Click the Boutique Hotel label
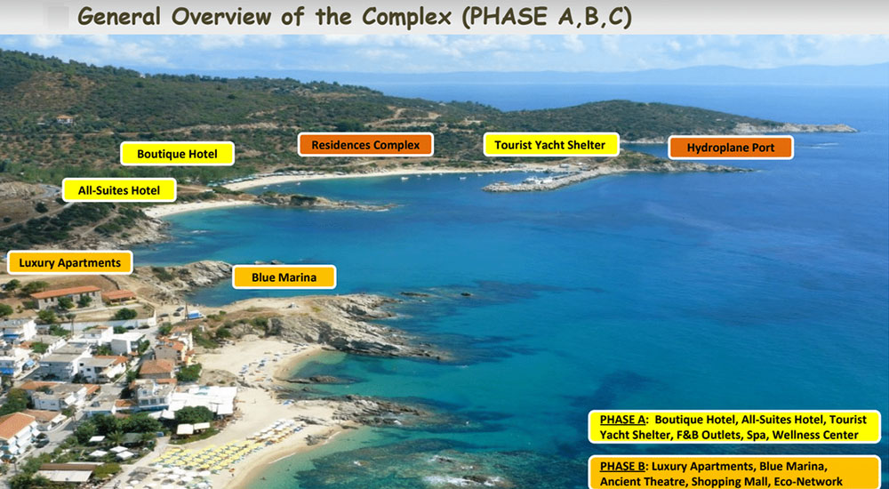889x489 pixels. [178, 154]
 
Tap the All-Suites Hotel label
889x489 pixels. [119, 190]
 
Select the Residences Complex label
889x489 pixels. [365, 145]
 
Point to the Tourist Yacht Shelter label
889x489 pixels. [550, 145]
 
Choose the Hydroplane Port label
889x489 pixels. [731, 148]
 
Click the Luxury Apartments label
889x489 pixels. [70, 262]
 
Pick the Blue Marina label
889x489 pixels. [284, 277]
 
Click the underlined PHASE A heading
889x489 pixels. [623, 420]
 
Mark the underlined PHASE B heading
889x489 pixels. [622, 466]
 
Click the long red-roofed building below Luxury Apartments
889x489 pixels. [66, 297]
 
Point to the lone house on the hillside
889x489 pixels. [64, 119]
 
